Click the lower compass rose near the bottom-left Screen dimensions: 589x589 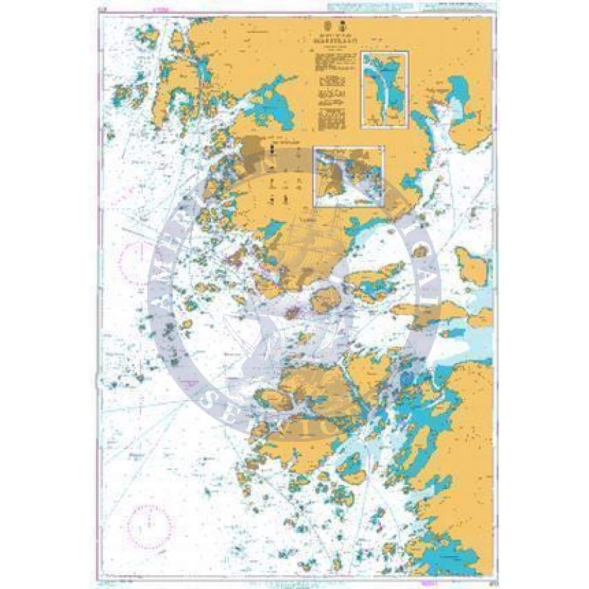pos(150,526)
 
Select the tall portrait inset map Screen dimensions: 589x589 pos(384,89)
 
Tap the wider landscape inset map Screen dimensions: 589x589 pos(349,175)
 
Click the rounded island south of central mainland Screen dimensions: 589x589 pos(326,299)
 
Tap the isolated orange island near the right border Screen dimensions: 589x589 pos(472,266)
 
